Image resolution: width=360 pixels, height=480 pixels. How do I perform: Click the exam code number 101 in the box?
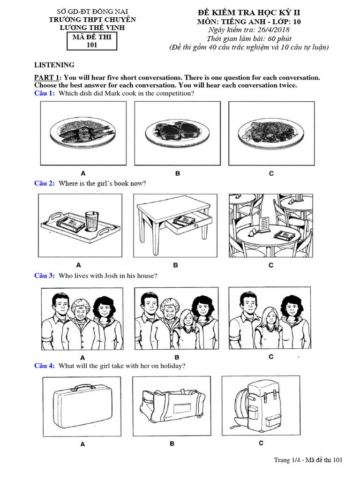92,45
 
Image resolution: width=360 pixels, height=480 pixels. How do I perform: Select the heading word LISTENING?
54,65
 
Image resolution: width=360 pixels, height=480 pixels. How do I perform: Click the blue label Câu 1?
45,93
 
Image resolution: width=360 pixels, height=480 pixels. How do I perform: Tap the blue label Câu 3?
45,276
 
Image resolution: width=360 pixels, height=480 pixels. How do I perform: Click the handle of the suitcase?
83,388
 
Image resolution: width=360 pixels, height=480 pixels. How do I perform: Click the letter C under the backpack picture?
261,443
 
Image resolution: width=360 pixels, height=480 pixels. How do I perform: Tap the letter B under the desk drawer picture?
176,265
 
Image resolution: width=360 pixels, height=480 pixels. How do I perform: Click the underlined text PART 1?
48,77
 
